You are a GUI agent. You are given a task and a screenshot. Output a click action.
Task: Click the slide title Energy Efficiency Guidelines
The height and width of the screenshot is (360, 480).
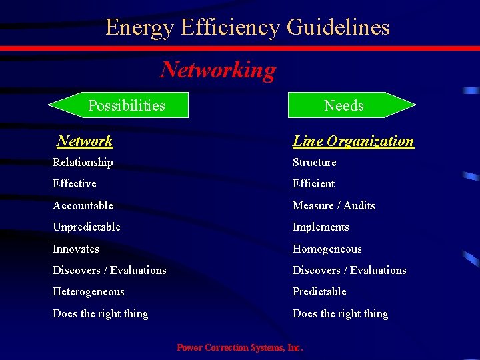247,27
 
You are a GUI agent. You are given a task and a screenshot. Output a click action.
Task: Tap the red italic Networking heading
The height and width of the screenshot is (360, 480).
218,69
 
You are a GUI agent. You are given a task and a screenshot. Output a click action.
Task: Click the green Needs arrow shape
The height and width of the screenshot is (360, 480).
351,105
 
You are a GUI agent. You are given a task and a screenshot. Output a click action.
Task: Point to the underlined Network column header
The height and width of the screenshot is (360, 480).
85,141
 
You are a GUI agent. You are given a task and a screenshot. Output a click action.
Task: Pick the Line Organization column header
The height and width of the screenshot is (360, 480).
353,141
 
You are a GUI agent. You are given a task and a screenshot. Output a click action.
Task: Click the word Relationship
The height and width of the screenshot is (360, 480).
83,162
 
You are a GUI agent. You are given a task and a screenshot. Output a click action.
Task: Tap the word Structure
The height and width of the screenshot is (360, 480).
314,162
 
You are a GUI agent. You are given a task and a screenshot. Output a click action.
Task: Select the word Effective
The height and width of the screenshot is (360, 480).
74,183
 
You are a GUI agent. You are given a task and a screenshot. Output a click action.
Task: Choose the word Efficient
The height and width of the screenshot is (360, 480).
313,183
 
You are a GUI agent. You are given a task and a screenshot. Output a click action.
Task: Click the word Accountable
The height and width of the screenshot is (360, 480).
83,205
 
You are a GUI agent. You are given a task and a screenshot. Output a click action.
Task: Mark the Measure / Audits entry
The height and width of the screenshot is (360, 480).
333,205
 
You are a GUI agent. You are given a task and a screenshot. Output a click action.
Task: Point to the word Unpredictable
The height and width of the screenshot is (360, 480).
86,227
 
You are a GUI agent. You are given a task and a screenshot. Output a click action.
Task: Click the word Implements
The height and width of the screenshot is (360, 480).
321,227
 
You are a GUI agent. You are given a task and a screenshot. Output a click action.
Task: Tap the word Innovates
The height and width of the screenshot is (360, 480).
75,249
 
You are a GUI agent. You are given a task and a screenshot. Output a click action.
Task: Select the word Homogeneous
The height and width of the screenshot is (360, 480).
327,249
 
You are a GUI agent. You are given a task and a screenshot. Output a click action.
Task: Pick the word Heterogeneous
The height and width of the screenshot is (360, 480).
88,291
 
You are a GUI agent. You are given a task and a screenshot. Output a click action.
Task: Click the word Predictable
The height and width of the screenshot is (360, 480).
319,291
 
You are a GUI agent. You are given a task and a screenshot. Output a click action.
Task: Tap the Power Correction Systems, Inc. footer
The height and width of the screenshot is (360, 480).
239,347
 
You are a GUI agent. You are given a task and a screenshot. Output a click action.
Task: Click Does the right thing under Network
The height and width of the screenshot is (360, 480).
100,313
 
